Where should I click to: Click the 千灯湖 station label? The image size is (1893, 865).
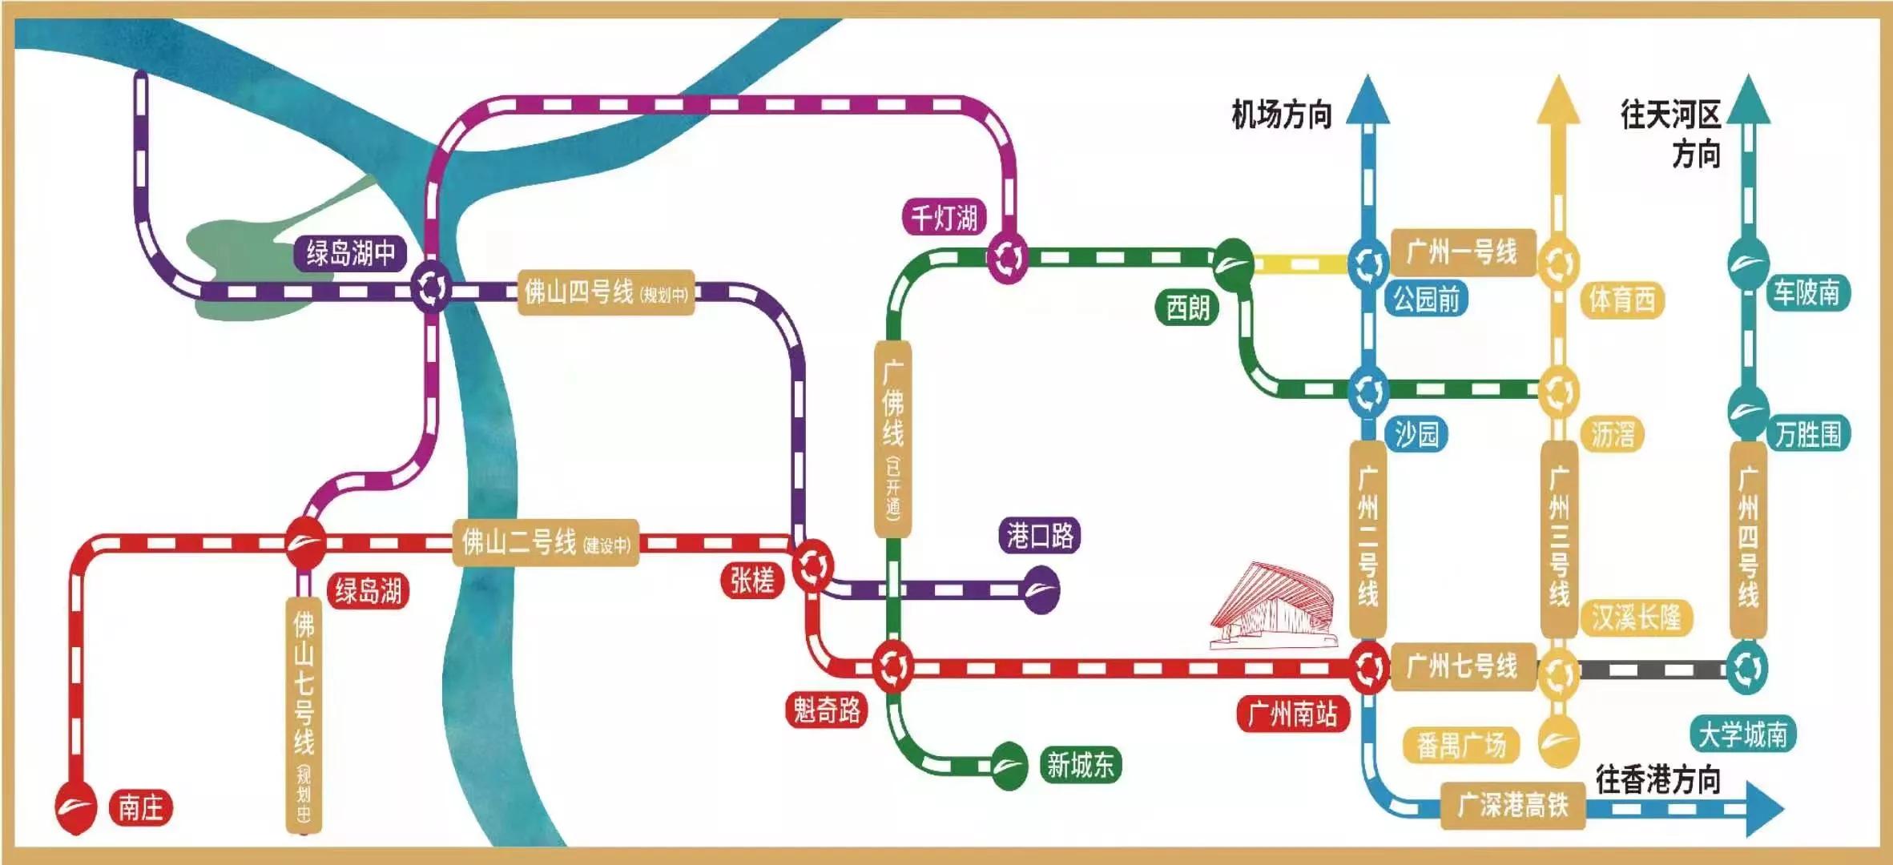point(944,218)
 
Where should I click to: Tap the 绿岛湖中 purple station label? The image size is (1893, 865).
point(350,253)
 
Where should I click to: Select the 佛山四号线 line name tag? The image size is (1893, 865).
point(606,292)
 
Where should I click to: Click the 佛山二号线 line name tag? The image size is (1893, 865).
point(546,543)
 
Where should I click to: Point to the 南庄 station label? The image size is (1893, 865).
point(141,807)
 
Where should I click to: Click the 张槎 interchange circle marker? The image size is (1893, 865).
point(813,565)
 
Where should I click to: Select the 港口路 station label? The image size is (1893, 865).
point(1040,535)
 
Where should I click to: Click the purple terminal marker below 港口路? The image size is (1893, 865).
point(1041,590)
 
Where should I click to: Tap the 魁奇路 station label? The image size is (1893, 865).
point(827,710)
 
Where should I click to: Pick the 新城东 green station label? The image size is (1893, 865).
point(1080,765)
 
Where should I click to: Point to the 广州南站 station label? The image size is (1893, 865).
point(1292,714)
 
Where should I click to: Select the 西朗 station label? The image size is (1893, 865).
point(1187,308)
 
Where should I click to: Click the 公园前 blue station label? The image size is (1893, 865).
point(1426,300)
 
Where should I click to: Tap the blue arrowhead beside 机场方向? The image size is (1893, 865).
point(1367,102)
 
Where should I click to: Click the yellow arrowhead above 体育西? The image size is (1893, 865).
point(1558,102)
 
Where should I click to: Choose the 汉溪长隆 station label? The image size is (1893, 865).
point(1636,618)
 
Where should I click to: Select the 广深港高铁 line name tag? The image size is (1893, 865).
point(1512,805)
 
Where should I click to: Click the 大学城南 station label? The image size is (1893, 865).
point(1743,734)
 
